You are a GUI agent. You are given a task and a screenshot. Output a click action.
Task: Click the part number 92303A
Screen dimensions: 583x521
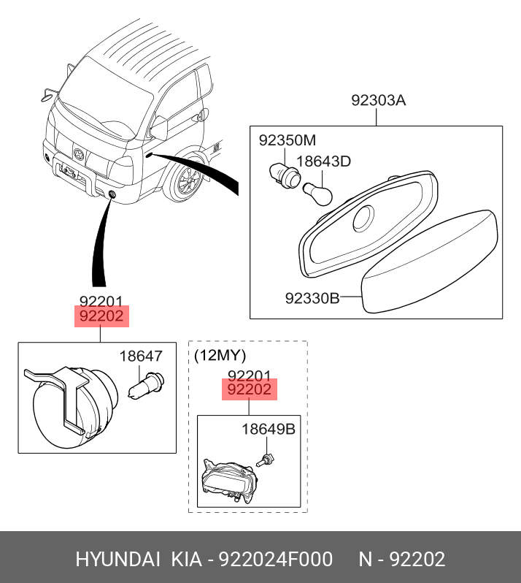pos(378,100)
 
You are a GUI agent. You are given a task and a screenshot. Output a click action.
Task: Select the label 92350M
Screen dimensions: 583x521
pos(287,140)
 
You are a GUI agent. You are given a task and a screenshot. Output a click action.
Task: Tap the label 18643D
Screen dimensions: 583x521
pos(324,161)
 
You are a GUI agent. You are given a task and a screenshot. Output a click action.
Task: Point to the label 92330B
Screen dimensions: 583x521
pos(312,298)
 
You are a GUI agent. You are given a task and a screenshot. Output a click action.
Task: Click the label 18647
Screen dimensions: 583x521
pos(141,357)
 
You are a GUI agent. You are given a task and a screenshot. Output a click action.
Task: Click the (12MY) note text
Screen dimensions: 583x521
pos(220,356)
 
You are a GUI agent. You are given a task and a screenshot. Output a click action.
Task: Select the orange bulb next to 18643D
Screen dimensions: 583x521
pos(319,193)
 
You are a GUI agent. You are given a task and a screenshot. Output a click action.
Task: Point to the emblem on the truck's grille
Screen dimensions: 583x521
pos(78,153)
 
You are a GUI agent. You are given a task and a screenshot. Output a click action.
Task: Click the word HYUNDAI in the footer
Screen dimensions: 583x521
pos(117,560)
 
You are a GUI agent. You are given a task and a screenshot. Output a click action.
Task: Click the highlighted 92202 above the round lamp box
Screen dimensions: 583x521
pos(101,316)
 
